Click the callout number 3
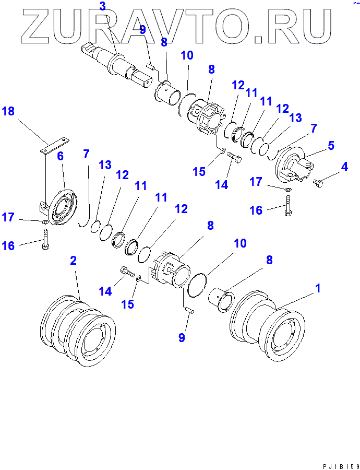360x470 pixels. pyautogui.click(x=102, y=7)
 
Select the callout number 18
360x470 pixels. pyautogui.click(x=8, y=111)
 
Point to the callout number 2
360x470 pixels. pyautogui.click(x=74, y=261)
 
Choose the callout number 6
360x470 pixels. pyautogui.click(x=60, y=156)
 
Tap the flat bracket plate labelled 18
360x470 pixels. pyautogui.click(x=55, y=144)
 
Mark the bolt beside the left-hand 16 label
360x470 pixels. pyautogui.click(x=45, y=241)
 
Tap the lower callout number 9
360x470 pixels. pyautogui.click(x=182, y=337)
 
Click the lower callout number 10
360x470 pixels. pyautogui.click(x=240, y=243)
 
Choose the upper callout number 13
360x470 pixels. pyautogui.click(x=295, y=118)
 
